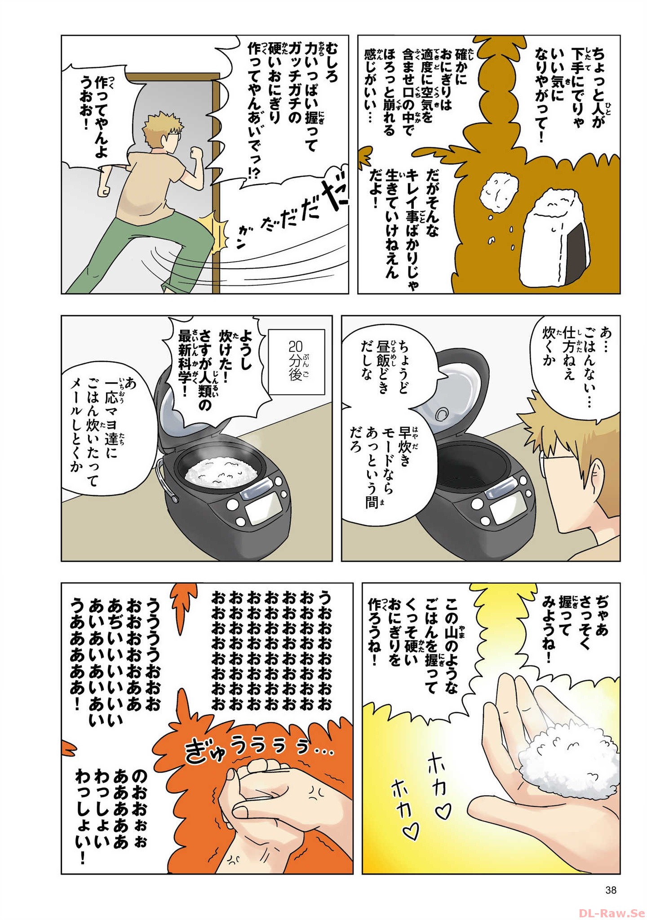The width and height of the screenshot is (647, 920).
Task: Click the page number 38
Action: tap(611, 889)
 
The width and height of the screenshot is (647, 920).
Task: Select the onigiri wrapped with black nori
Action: tap(559, 240)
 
